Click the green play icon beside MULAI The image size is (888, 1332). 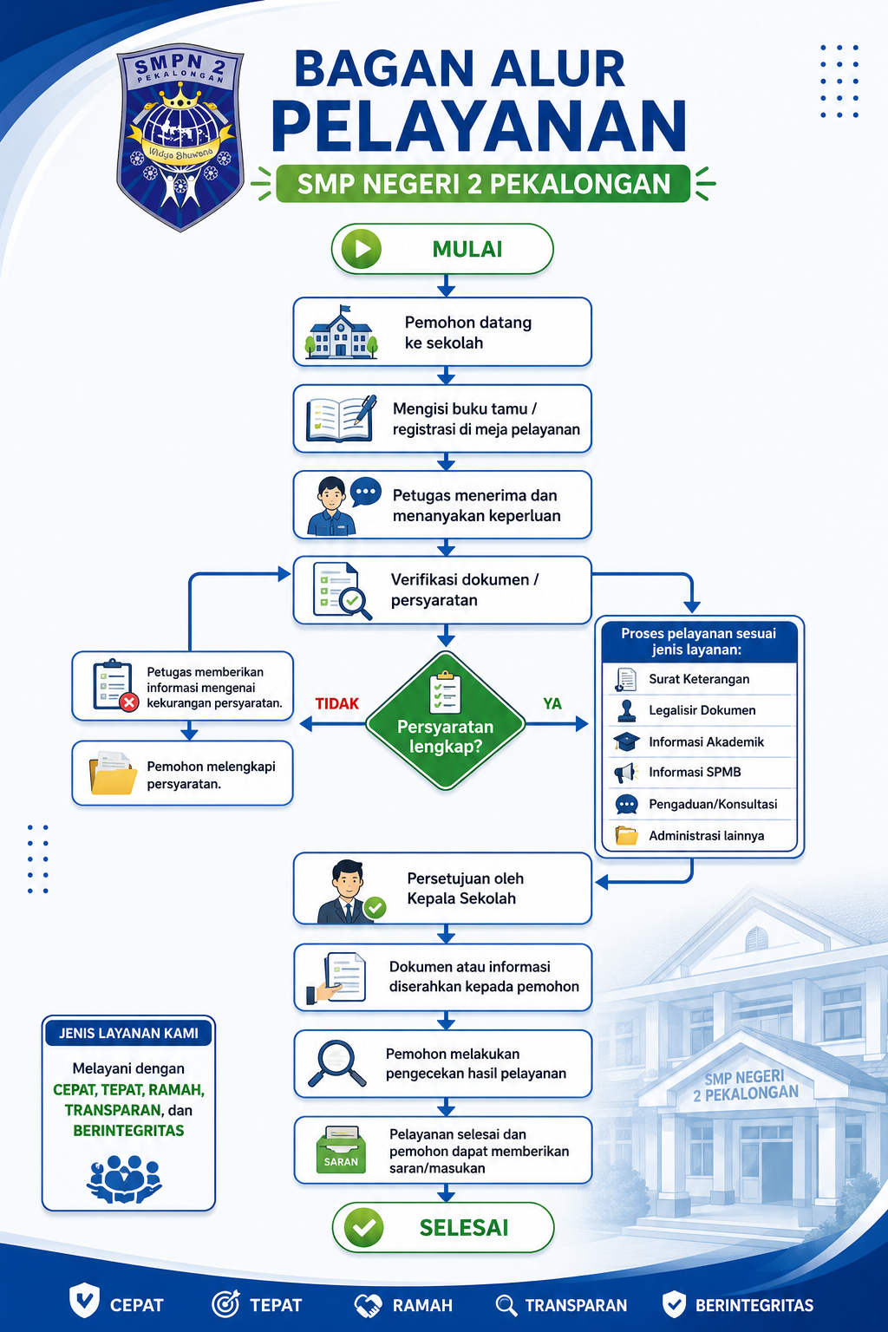coord(361,249)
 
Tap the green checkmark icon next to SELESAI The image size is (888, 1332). coord(363,1227)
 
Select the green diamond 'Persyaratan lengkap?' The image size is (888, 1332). coord(446,721)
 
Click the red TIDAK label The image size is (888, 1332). coord(337,704)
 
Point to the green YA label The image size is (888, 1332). coord(552,704)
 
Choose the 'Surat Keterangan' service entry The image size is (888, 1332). coord(699,679)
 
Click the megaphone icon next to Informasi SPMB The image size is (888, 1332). coord(626,773)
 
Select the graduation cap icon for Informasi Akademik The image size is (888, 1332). coord(626,741)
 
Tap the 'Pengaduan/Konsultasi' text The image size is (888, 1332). coord(713,805)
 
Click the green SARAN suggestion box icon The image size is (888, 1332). coord(341,1150)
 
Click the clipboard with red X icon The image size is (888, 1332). coord(115,685)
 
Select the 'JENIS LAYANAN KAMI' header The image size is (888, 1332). coord(128,1033)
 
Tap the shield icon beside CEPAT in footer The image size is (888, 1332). coord(84,1301)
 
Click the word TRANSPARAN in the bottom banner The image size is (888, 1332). coord(576,1305)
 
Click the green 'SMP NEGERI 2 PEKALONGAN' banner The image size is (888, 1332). coord(483,184)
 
